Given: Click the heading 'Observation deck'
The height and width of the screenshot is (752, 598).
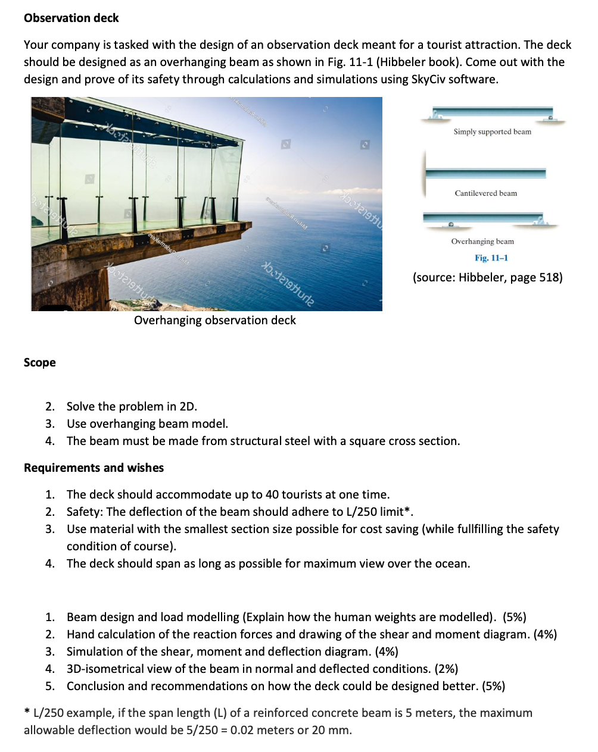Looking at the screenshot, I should [71, 18].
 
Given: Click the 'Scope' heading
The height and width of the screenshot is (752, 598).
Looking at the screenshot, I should [40, 362].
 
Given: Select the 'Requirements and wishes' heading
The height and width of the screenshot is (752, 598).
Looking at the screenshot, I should [94, 468].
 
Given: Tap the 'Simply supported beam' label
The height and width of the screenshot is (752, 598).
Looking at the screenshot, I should [492, 131].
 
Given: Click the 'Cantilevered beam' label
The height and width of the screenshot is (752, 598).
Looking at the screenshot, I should [485, 193].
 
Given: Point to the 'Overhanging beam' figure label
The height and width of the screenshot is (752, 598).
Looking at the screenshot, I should [482, 242].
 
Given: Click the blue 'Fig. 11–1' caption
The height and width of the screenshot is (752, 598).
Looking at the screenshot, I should [491, 258].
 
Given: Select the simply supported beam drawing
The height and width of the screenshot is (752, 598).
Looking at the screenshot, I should [492, 114].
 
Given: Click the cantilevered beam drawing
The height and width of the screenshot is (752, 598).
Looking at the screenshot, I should [485, 173].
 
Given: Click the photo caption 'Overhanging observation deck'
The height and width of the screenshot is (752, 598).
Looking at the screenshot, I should [214, 320].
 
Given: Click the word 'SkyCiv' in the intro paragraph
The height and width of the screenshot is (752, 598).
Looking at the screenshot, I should [428, 79].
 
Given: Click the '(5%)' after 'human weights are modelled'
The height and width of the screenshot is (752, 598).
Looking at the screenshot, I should [514, 617].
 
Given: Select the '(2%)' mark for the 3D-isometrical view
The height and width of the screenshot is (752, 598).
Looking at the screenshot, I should [446, 669].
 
